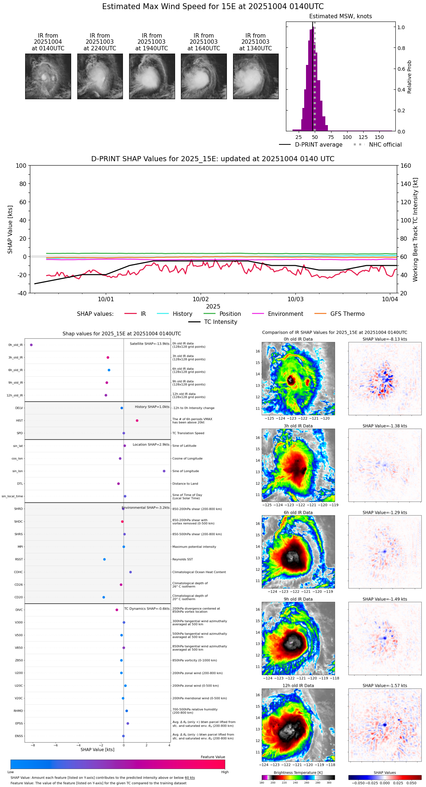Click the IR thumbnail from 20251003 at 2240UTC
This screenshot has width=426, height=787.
(100, 76)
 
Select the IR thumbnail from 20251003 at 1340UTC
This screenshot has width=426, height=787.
(256, 76)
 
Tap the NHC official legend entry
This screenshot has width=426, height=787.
(385, 145)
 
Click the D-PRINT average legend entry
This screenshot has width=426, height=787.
(318, 145)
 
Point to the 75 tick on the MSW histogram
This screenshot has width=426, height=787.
(331, 137)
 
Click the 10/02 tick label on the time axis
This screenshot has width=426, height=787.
(200, 299)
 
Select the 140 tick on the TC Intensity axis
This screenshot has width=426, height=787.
(406, 184)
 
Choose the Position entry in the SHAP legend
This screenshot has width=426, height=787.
(230, 314)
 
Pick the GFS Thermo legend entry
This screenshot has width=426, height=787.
(347, 314)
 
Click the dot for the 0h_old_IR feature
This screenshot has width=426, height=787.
(31, 345)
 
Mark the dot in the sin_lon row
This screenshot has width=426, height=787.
(164, 471)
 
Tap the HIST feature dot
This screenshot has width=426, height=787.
(137, 420)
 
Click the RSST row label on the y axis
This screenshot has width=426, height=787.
(19, 559)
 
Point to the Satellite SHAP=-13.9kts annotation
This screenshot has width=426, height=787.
(150, 344)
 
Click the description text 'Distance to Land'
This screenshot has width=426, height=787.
(185, 484)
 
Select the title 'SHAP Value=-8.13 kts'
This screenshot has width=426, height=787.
(385, 339)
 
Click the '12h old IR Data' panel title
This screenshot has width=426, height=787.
(298, 686)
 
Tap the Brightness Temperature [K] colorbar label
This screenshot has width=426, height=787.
(298, 772)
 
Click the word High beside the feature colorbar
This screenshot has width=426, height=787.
(225, 772)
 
